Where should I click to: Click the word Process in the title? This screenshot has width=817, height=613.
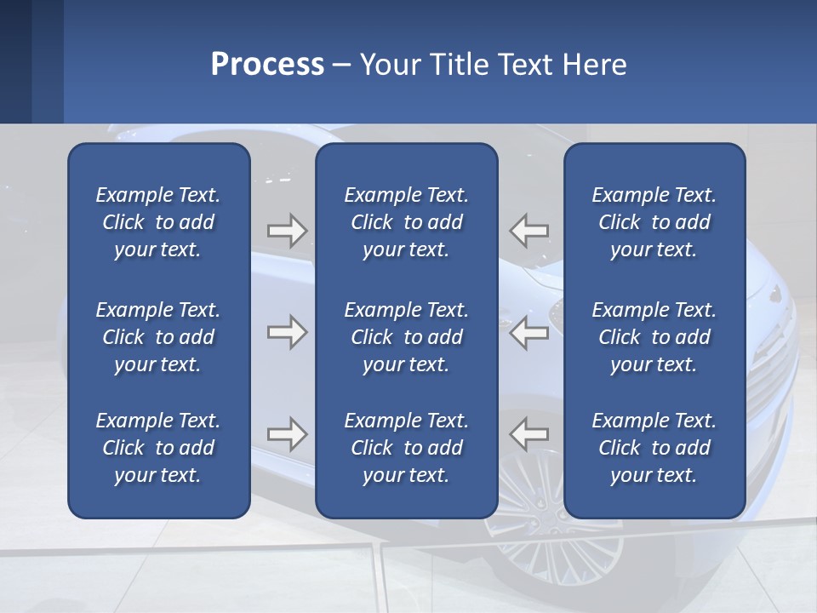267,65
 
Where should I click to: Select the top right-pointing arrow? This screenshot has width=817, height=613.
287,230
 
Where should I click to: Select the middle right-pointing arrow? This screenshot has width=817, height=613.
287,332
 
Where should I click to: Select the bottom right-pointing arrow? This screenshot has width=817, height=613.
287,435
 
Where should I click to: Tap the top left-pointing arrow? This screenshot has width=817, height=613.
529,230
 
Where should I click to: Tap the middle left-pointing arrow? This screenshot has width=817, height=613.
529,332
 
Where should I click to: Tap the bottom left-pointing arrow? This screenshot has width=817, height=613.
529,435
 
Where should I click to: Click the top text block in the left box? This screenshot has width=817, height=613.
157,222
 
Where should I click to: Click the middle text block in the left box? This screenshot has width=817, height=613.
157,337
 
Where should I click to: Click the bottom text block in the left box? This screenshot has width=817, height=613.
157,448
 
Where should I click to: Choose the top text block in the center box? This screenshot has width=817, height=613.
406,222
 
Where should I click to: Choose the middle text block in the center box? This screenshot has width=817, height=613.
406,337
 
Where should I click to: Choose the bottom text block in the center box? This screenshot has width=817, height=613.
406,448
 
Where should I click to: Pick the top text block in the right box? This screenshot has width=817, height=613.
654,222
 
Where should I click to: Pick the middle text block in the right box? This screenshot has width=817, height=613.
654,337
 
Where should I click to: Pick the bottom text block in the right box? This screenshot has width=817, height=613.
654,448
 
